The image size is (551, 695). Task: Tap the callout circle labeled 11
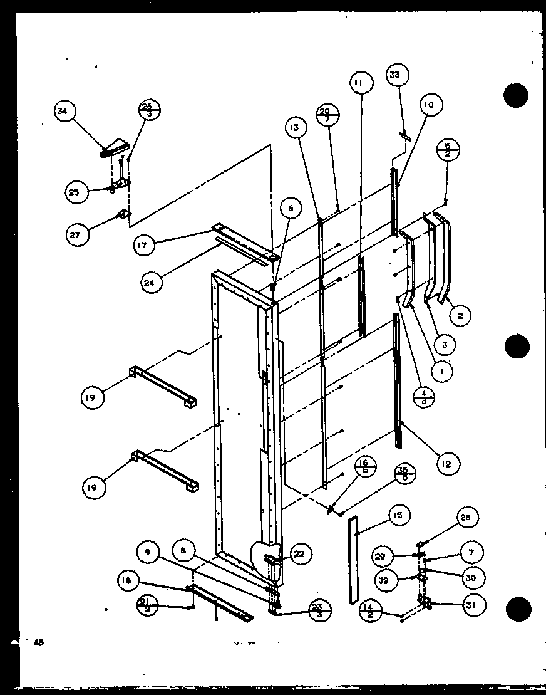coord(361,82)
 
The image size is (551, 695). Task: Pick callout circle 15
coord(399,515)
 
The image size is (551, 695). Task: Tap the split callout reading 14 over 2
coord(371,610)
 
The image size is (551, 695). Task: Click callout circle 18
coord(126,580)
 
